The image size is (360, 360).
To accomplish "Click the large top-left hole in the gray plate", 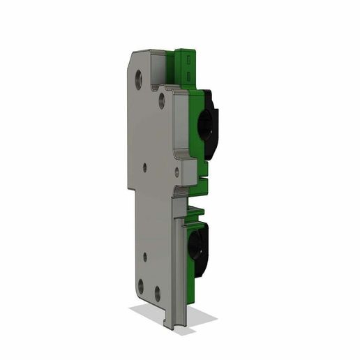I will [x=140, y=76].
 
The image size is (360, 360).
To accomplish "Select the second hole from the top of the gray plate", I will [x=162, y=102].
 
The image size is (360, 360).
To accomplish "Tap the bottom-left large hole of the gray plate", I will [x=141, y=285].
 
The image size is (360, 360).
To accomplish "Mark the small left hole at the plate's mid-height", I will [x=144, y=166].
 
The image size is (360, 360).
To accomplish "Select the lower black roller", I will [x=197, y=249].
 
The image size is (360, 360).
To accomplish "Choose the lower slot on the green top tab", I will [x=190, y=74].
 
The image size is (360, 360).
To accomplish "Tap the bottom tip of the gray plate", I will [x=175, y=327].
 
